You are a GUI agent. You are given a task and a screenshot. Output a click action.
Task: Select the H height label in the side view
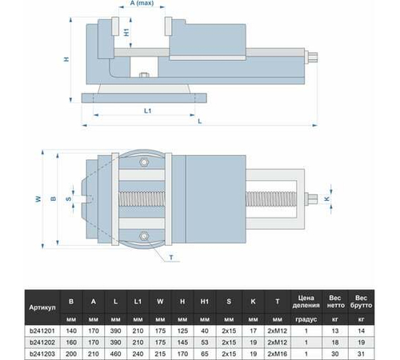point(67,59)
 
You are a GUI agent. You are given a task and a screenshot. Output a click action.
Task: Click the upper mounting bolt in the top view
point(144,163)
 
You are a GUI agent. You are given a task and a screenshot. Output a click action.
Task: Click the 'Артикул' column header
point(42,307)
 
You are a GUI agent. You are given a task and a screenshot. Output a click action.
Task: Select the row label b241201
point(42,330)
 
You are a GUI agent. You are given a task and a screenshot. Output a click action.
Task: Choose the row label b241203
point(42,352)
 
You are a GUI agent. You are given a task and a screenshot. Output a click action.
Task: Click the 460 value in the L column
point(118,352)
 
